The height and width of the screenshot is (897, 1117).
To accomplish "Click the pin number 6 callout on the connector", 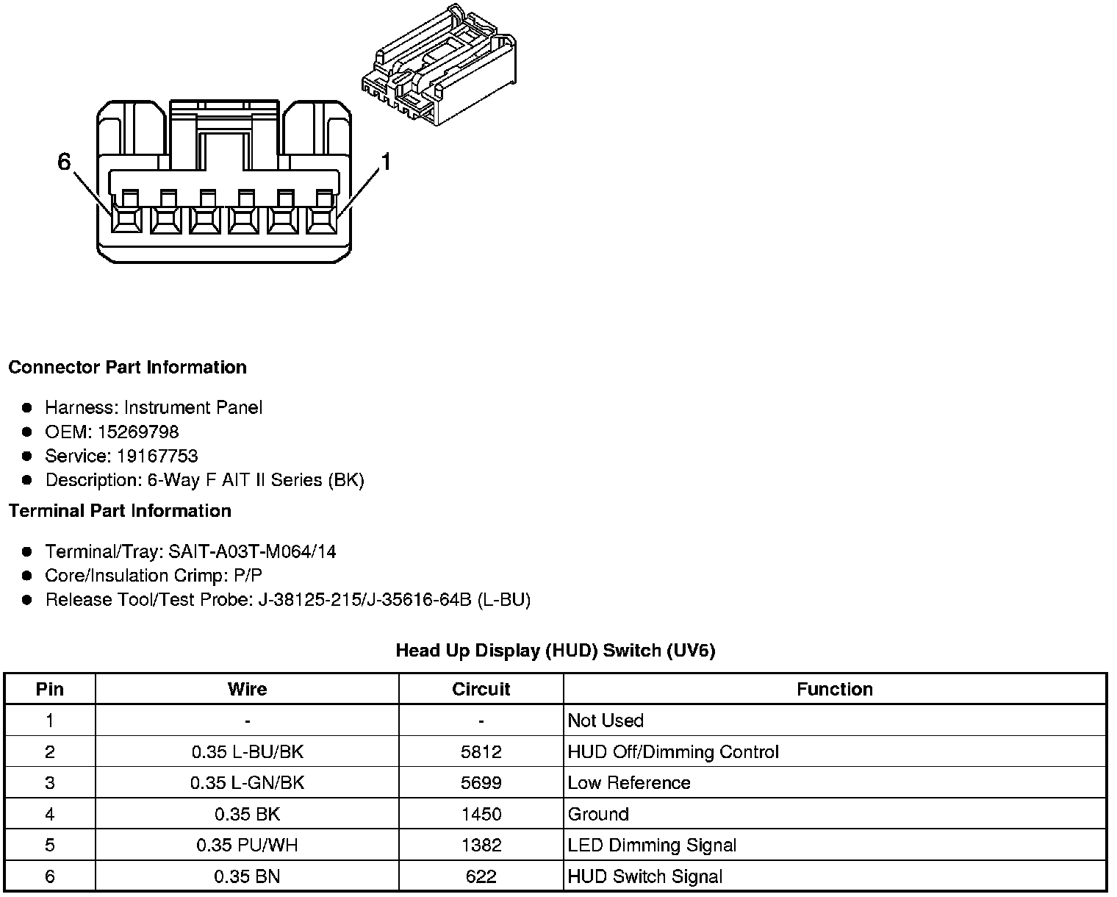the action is tap(64, 162).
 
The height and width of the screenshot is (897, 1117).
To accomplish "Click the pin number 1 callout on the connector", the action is tap(384, 162).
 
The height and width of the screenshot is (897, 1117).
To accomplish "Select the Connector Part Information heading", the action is tap(127, 367).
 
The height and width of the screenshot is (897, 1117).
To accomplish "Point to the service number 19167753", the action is tap(157, 456).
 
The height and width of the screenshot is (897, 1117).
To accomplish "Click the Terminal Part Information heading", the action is tap(120, 511).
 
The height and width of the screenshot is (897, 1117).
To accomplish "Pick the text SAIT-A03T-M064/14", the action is tap(252, 551).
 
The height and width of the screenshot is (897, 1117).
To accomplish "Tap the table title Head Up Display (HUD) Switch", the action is tap(555, 650).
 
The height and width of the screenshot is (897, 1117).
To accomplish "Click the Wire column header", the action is tap(247, 689).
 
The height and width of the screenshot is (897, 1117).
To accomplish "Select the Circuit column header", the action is tap(481, 689).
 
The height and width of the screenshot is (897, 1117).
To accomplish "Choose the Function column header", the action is tap(835, 689).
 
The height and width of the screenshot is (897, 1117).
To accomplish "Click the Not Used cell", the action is tap(606, 721).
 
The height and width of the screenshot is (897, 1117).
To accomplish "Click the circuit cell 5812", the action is tap(481, 751).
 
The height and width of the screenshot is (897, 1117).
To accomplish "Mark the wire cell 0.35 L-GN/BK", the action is tap(247, 783).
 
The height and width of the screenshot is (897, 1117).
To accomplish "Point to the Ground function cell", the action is tap(598, 814).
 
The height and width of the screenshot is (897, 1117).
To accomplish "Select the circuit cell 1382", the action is tap(481, 846).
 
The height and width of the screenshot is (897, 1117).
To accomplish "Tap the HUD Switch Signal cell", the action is tap(644, 876).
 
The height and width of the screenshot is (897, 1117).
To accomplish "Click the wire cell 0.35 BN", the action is tap(247, 876).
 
